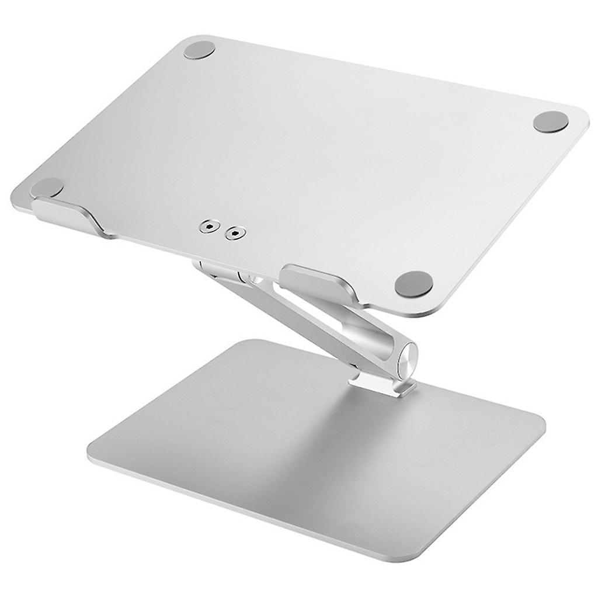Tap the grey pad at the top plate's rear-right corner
[x=551, y=122]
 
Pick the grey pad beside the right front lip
[x=413, y=284]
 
